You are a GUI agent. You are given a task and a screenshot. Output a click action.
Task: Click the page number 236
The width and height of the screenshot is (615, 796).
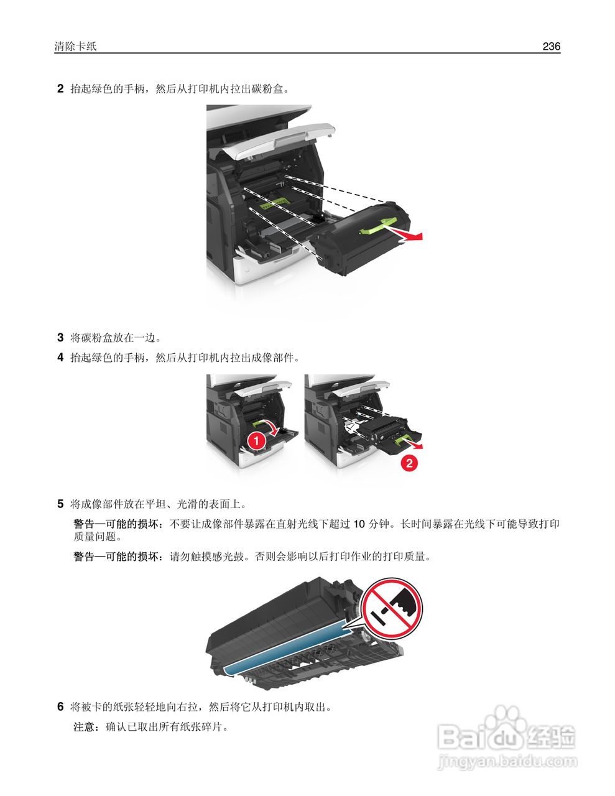(x=551, y=46)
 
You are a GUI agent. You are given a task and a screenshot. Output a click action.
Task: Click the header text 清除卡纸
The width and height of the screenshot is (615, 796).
(x=75, y=47)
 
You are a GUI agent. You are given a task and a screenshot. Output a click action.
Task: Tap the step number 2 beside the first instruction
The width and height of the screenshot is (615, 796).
(x=60, y=89)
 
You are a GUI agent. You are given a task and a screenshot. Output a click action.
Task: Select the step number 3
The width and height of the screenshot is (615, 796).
(x=60, y=338)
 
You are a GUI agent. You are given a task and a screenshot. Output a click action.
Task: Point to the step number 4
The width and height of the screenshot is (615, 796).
(x=60, y=358)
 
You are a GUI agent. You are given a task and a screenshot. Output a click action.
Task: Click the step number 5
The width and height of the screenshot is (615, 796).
(x=60, y=503)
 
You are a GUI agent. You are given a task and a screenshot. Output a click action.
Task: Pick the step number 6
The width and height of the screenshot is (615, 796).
(x=60, y=706)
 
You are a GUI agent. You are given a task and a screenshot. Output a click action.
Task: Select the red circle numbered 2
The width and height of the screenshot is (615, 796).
(x=408, y=463)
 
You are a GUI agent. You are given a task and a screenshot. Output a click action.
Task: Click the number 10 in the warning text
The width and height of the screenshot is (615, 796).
(x=359, y=524)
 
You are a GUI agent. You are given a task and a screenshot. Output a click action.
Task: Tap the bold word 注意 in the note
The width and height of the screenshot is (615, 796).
(x=83, y=726)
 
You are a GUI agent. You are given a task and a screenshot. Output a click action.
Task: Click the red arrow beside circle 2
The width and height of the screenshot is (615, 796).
(x=414, y=445)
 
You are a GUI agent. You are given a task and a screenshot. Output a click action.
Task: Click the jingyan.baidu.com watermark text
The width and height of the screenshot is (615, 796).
(x=507, y=761)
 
